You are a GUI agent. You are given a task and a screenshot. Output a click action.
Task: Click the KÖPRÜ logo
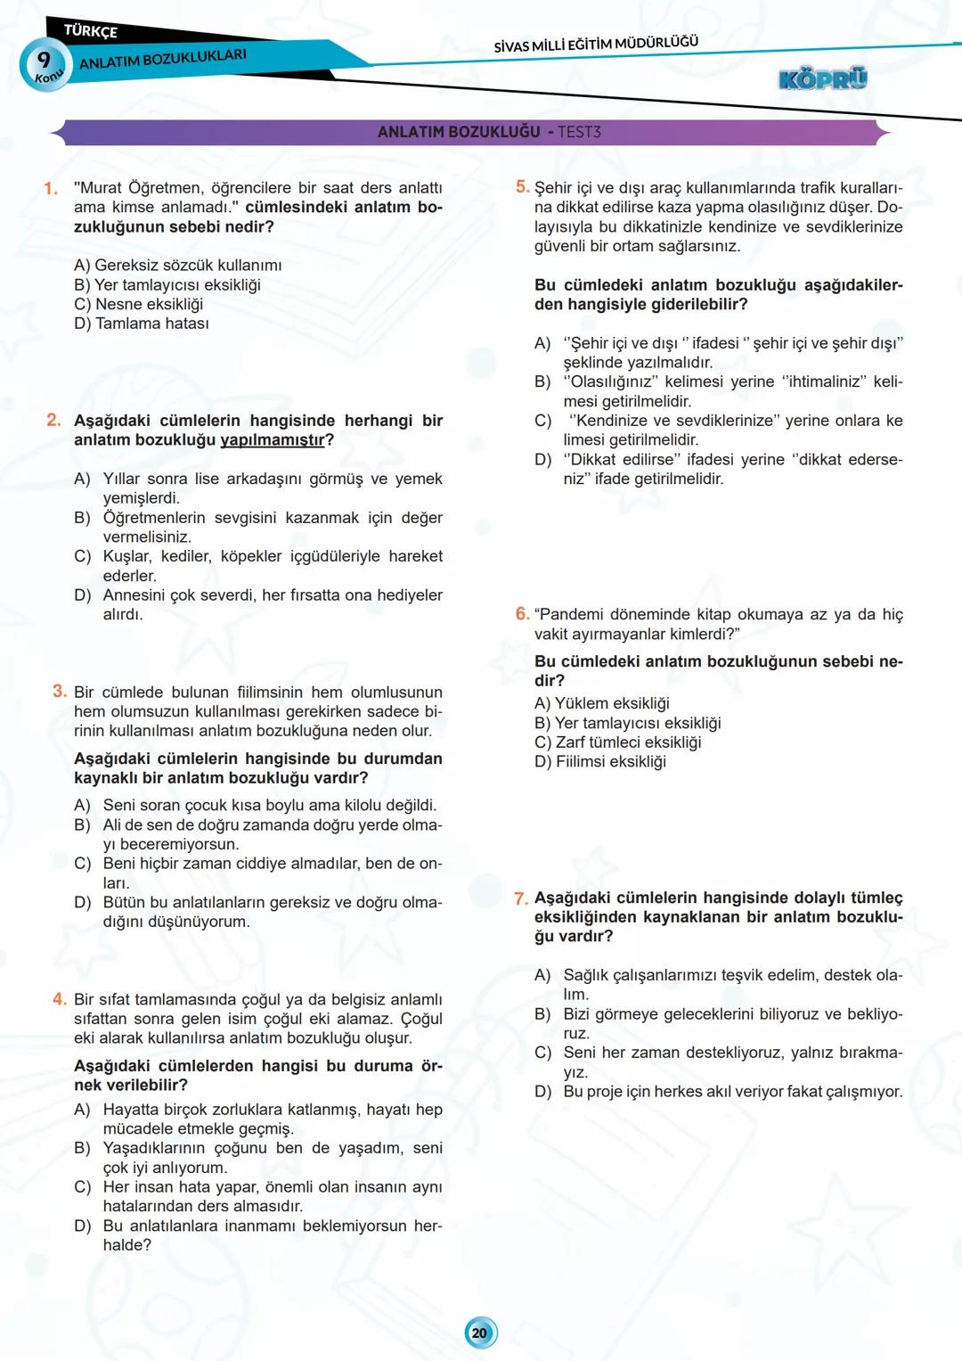(822, 79)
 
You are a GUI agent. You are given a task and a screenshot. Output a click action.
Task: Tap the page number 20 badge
(480, 1332)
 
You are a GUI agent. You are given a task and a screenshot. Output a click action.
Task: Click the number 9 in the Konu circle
(44, 60)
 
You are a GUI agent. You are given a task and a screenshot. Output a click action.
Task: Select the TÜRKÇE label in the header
(91, 31)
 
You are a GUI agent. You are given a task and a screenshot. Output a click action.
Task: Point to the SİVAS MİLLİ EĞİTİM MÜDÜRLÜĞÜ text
(596, 44)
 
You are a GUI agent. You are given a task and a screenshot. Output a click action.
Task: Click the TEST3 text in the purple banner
(579, 132)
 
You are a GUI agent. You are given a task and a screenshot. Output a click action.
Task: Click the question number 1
(51, 188)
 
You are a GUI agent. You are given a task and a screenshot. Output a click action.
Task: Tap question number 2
(53, 420)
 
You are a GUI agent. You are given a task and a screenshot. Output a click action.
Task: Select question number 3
(60, 692)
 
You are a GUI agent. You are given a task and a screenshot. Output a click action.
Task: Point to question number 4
(60, 999)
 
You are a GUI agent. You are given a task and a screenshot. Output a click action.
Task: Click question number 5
(522, 187)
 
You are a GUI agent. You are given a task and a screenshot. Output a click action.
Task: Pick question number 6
(522, 614)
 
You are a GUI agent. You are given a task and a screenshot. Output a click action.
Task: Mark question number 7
(521, 898)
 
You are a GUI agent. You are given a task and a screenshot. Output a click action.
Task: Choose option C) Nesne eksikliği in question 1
(139, 304)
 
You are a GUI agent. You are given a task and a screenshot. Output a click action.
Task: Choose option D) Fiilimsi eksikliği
(600, 761)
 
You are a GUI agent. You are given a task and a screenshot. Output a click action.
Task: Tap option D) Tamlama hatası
(142, 324)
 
